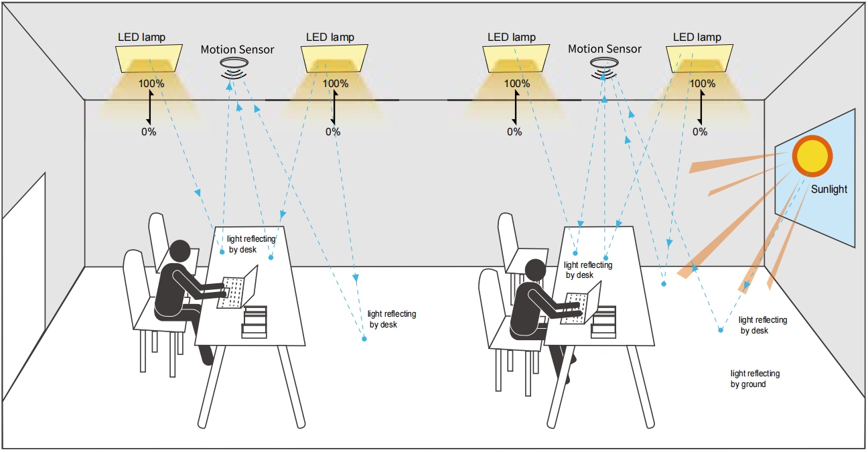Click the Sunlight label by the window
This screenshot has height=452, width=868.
[828, 189]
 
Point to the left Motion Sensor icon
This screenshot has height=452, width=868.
[233, 66]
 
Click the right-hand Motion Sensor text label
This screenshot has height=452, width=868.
[604, 49]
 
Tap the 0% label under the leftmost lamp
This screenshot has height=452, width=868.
[149, 132]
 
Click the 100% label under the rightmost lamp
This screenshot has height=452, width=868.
[702, 84]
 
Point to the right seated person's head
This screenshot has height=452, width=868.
[535, 271]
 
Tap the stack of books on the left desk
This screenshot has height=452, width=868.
[255, 321]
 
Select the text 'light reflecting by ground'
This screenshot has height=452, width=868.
[755, 379]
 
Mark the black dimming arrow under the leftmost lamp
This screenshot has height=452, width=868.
[149, 107]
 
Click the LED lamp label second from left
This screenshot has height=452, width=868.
[330, 37]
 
